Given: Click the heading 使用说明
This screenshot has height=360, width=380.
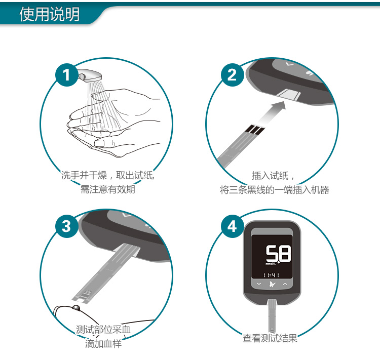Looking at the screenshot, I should pos(49,15).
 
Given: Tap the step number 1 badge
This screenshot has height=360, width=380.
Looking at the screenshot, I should pos(66,75).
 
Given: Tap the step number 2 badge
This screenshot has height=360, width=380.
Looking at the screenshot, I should pos(232,75).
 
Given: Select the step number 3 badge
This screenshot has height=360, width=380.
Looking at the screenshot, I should pos(66,226).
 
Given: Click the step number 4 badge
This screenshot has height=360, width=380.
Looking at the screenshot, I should pos(232,226).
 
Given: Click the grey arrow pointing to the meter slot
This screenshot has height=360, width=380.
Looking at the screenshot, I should pos(273,110).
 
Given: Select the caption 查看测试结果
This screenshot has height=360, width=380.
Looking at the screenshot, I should pos(270,338).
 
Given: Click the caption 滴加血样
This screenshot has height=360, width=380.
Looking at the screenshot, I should pos(103,344).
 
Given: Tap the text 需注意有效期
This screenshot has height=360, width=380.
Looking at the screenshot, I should pos(108,190).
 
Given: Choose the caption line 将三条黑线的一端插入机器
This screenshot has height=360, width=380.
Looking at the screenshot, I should pos(274,190).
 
